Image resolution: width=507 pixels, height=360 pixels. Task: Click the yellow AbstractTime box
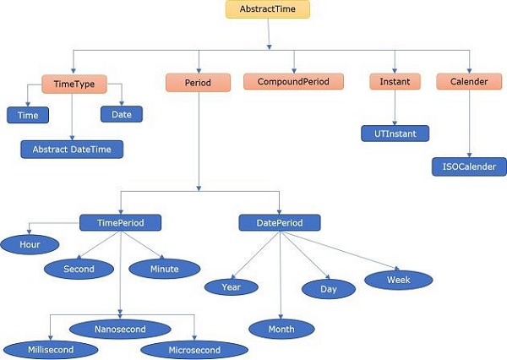pyautogui.click(x=268, y=10)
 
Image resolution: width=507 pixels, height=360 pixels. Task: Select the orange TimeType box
pyautogui.click(x=74, y=83)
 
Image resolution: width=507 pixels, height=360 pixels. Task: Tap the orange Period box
pyautogui.click(x=198, y=83)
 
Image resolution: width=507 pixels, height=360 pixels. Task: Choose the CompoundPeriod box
pyautogui.click(x=294, y=82)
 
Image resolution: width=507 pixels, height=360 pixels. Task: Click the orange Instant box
pyautogui.click(x=395, y=82)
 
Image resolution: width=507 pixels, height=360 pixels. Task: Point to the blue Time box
pyautogui.click(x=28, y=115)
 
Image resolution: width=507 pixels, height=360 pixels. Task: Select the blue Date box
pyautogui.click(x=122, y=114)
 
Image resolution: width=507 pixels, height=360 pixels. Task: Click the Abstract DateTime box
pyautogui.click(x=72, y=149)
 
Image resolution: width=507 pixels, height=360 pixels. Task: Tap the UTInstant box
pyautogui.click(x=395, y=134)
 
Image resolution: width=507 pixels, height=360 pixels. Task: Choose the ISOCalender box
pyautogui.click(x=469, y=166)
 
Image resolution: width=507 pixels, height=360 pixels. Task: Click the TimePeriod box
pyautogui.click(x=120, y=222)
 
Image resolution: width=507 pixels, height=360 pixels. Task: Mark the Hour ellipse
pyautogui.click(x=29, y=244)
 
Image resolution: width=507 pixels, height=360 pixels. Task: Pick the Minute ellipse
pyautogui.click(x=165, y=269)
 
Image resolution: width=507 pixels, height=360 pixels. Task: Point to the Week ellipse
pyautogui.click(x=398, y=279)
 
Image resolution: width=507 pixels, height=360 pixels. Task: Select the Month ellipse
pyautogui.click(x=281, y=329)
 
